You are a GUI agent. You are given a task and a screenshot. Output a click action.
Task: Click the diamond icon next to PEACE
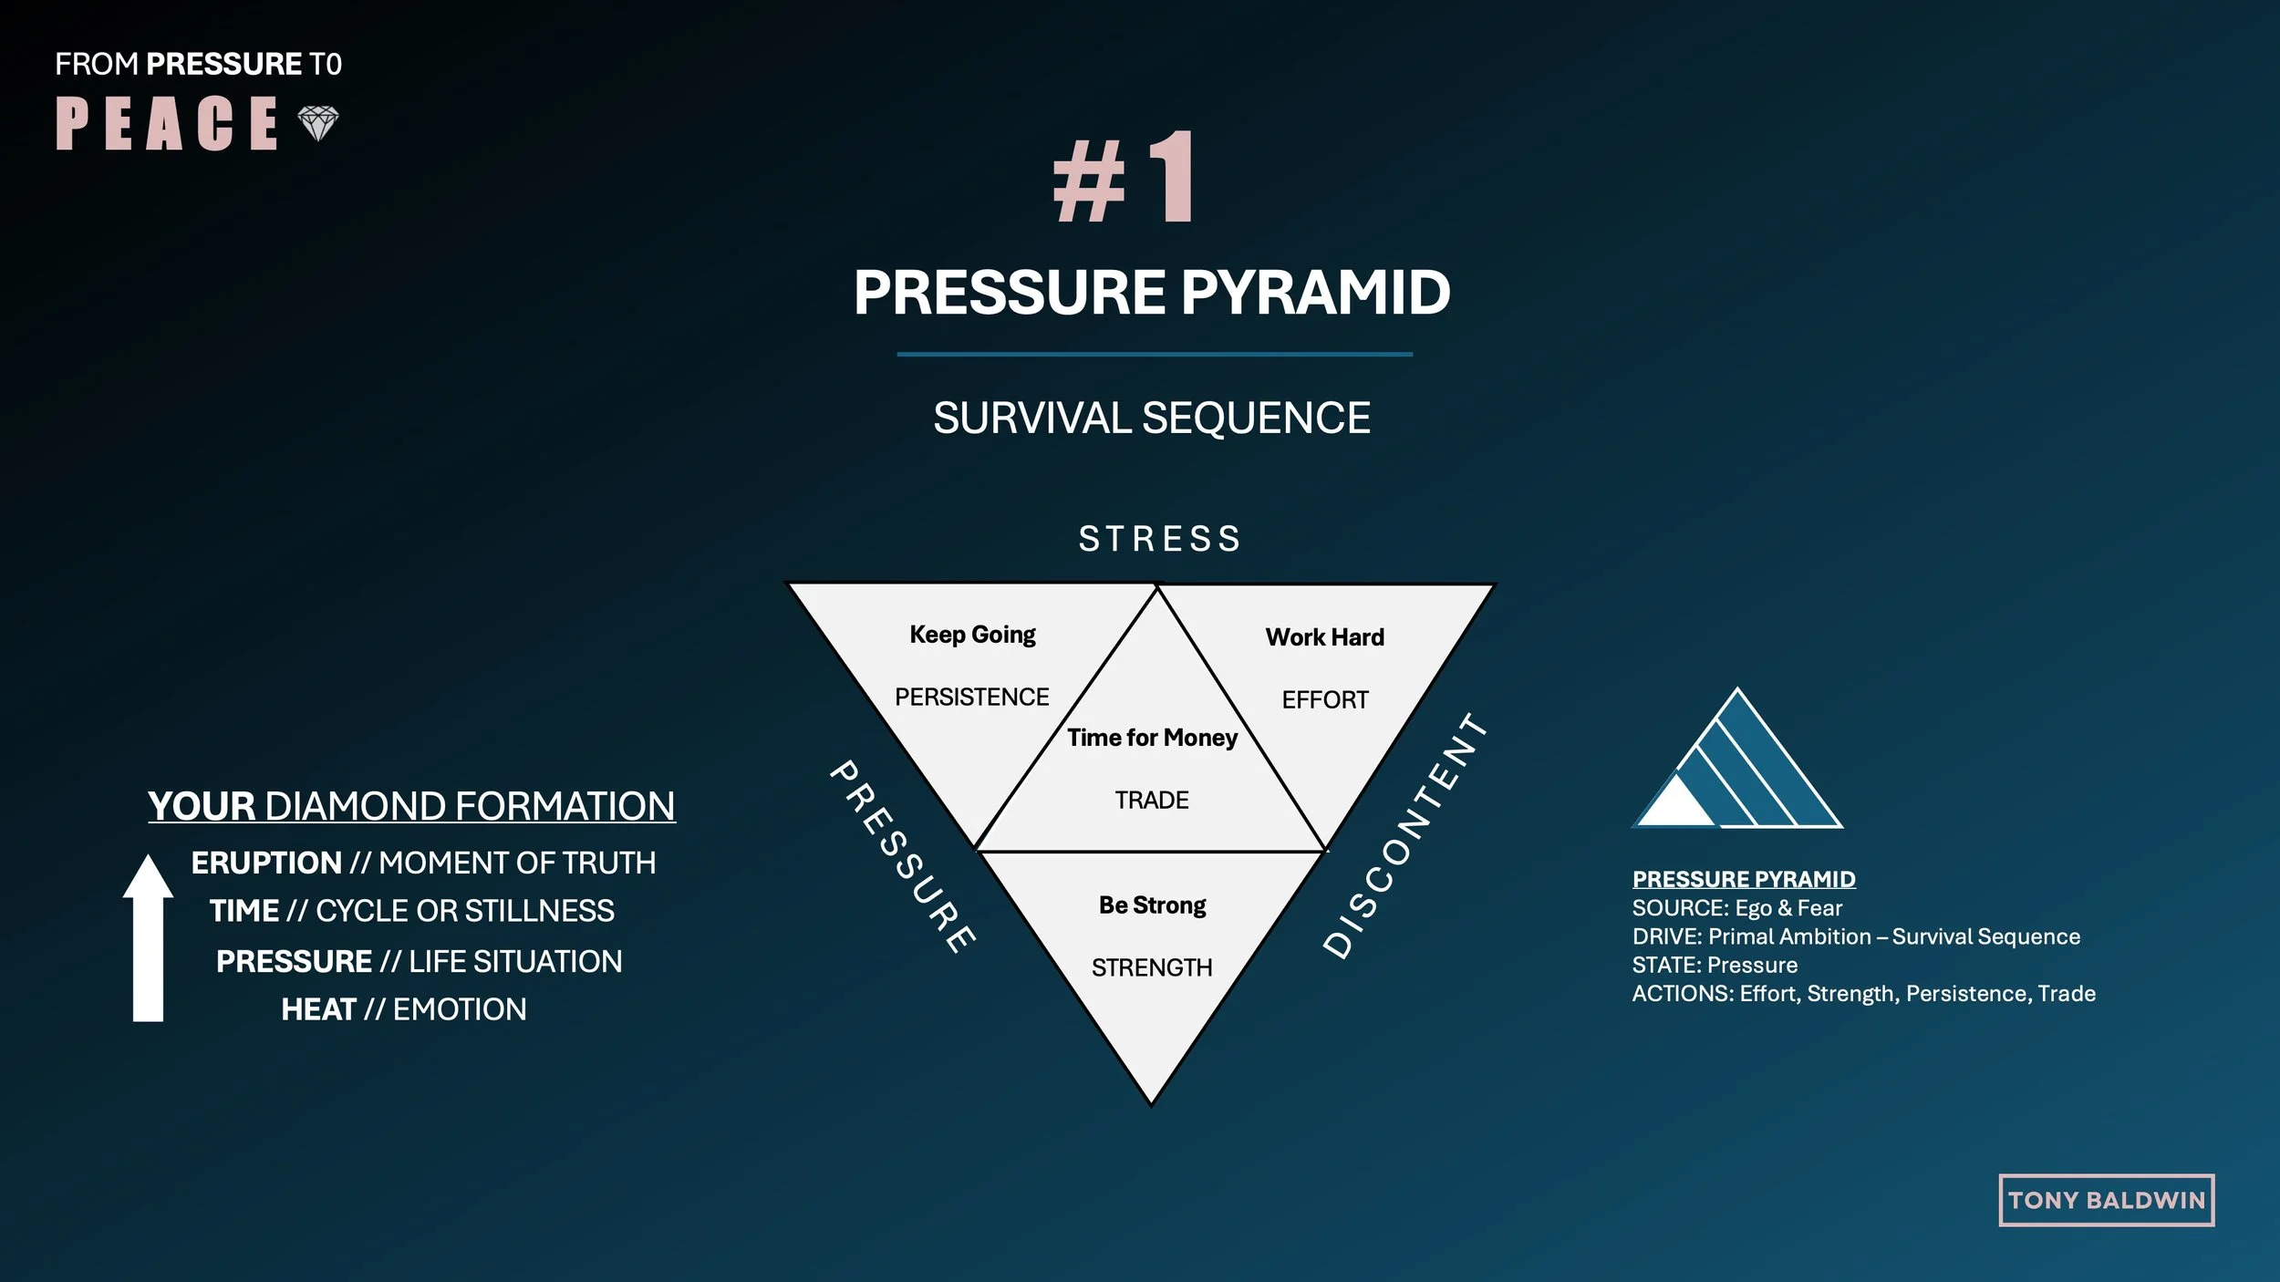318,123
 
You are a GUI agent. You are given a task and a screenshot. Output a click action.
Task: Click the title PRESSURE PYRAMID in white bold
1152,293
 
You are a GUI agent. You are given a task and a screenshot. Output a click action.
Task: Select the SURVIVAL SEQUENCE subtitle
1152,419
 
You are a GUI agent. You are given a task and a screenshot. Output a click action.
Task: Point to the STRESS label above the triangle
1160,539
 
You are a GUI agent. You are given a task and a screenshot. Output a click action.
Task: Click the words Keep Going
972,635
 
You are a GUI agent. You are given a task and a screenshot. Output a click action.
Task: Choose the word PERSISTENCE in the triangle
971,698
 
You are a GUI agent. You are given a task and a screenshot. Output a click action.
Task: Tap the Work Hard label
1324,637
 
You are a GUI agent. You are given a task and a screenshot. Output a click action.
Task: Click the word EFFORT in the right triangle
1325,700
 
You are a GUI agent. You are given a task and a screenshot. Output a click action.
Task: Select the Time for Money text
1152,738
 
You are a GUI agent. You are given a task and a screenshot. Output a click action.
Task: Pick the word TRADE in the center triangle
1152,801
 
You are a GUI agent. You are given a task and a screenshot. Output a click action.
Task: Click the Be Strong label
1152,905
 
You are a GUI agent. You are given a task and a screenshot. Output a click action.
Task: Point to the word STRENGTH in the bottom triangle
1152,968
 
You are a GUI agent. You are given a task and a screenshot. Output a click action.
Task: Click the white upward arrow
148,939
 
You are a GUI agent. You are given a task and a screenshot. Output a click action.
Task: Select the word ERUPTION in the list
266,863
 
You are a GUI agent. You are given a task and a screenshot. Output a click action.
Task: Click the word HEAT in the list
318,1010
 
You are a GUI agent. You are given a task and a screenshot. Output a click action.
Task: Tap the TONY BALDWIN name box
2106,1201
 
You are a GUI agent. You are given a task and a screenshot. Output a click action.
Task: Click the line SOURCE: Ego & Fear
1736,908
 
